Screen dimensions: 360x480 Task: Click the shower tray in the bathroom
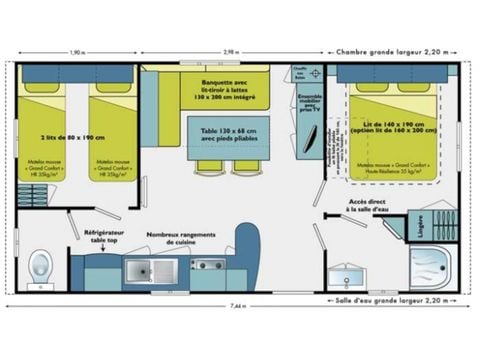(x=431, y=267)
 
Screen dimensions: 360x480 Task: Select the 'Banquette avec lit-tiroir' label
(x=232, y=88)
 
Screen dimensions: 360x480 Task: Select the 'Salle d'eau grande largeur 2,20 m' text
(x=397, y=299)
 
